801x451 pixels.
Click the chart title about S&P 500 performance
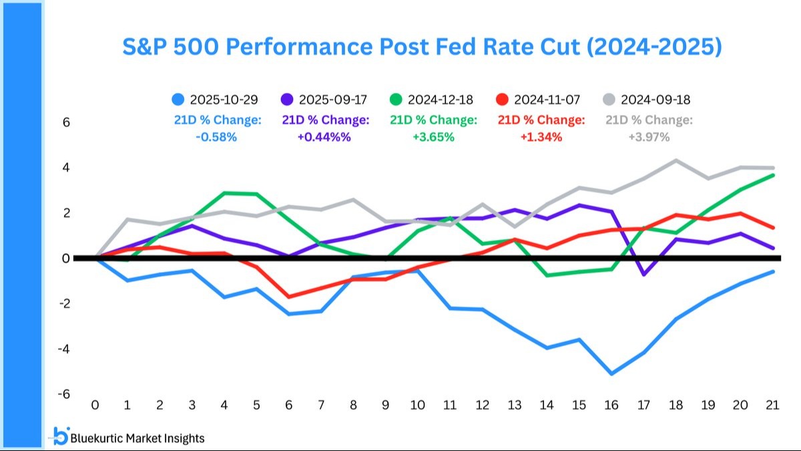click(x=422, y=47)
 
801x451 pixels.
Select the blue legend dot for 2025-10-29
click(x=178, y=100)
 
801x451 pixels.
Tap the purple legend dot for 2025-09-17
click(x=287, y=100)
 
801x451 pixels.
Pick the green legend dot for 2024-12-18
click(x=396, y=100)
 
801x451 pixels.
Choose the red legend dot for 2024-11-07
click(x=503, y=100)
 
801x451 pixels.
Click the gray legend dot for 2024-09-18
click(x=609, y=100)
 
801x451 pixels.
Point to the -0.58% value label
click(x=216, y=137)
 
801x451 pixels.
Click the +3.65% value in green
click(x=433, y=137)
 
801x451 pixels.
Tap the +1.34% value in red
click(x=541, y=137)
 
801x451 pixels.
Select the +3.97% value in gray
click(x=649, y=137)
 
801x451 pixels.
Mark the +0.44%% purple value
click(x=324, y=137)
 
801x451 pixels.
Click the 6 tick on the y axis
click(x=66, y=122)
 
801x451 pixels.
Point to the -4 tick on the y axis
click(x=64, y=349)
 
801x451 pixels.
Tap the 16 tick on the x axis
click(x=611, y=405)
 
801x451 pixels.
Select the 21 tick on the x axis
click(x=772, y=405)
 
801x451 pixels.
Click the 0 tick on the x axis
click(x=95, y=405)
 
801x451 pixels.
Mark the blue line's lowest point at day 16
click(x=611, y=373)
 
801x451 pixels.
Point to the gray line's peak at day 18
click(x=676, y=160)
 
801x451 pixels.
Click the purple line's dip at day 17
click(x=643, y=275)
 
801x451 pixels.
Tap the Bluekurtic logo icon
click(x=61, y=436)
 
